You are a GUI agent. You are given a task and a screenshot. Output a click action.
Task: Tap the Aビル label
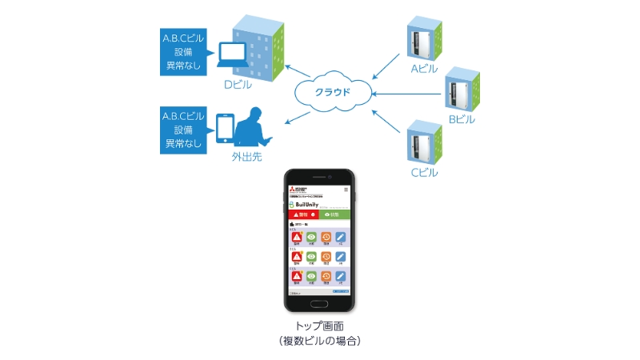(424, 69)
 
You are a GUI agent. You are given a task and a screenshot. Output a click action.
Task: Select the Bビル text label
(462, 119)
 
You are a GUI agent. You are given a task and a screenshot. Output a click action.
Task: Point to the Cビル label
(424, 172)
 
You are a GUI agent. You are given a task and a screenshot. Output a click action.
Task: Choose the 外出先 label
(246, 157)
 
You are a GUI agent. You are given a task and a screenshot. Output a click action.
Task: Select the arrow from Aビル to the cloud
(385, 66)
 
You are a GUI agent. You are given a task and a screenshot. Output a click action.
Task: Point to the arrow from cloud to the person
(298, 118)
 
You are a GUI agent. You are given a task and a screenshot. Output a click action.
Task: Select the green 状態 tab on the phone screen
(335, 215)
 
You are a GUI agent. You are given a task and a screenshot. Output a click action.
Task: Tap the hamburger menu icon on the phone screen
(346, 190)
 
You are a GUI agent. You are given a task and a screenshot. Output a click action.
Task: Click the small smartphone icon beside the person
(226, 128)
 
